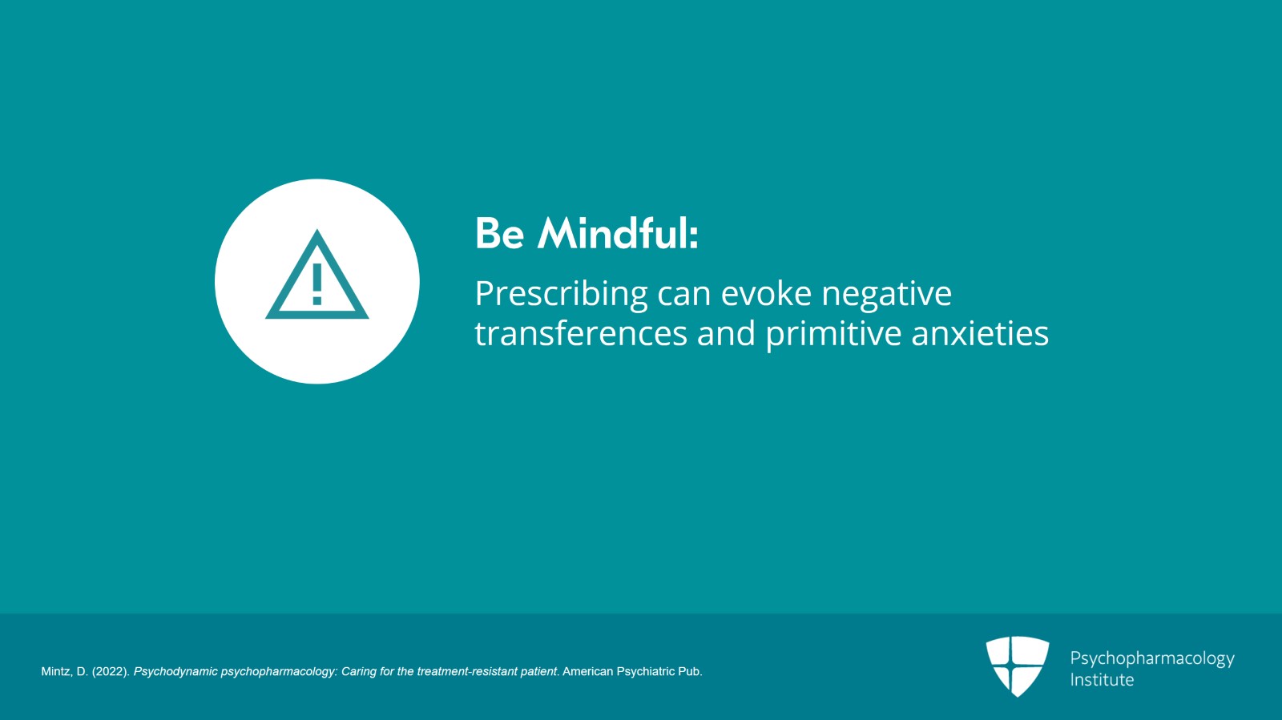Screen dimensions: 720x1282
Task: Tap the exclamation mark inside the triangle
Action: pyautogui.click(x=317, y=284)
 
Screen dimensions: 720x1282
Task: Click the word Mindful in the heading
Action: pyautogui.click(x=618, y=234)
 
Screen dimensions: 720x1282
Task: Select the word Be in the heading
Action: pyautogui.click(x=499, y=234)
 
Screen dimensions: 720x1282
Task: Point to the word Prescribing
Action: pyautogui.click(x=561, y=294)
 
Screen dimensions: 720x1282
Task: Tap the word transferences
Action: pyautogui.click(x=581, y=333)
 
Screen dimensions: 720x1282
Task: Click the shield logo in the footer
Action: pyautogui.click(x=1017, y=666)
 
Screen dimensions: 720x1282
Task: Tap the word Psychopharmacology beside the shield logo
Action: pyautogui.click(x=1151, y=658)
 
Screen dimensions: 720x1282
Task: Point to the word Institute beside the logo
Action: pyautogui.click(x=1102, y=680)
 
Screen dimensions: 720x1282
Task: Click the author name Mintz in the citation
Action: pyautogui.click(x=55, y=672)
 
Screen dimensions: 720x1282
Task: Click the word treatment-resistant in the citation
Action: pyautogui.click(x=467, y=672)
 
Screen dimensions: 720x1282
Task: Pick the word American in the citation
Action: pyautogui.click(x=587, y=672)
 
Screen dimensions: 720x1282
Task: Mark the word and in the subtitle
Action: pyautogui.click(x=726, y=333)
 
